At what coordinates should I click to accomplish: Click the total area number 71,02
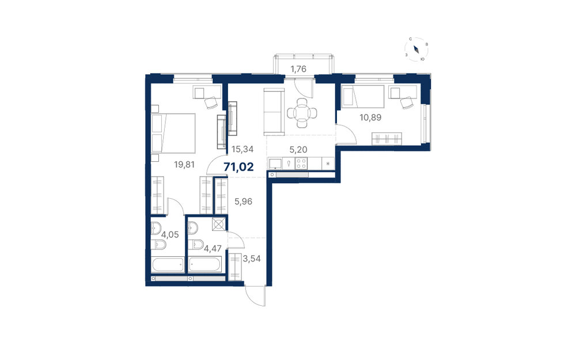[x=239, y=167]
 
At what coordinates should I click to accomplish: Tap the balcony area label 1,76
[x=298, y=69]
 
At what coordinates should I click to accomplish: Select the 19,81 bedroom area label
[x=184, y=165]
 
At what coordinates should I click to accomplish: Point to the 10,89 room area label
[x=370, y=118]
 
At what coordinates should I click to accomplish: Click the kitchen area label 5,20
[x=298, y=150]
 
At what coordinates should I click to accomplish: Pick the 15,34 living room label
[x=242, y=149]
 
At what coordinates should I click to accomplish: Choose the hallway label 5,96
[x=243, y=201]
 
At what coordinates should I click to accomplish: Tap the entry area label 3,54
[x=252, y=259]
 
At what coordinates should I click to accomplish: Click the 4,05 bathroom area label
[x=170, y=234]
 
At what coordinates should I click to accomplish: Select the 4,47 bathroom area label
[x=213, y=249]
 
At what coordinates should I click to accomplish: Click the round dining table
[x=302, y=113]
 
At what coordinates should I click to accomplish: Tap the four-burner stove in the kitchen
[x=301, y=164]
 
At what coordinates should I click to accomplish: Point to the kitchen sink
[x=275, y=164]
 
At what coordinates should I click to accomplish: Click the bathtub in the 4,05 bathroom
[x=168, y=264]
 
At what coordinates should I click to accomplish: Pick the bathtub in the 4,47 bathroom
[x=206, y=264]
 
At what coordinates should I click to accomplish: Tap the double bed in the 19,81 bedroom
[x=173, y=133]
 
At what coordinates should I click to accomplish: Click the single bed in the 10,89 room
[x=363, y=97]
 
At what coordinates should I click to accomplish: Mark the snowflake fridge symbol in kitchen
[x=328, y=164]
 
